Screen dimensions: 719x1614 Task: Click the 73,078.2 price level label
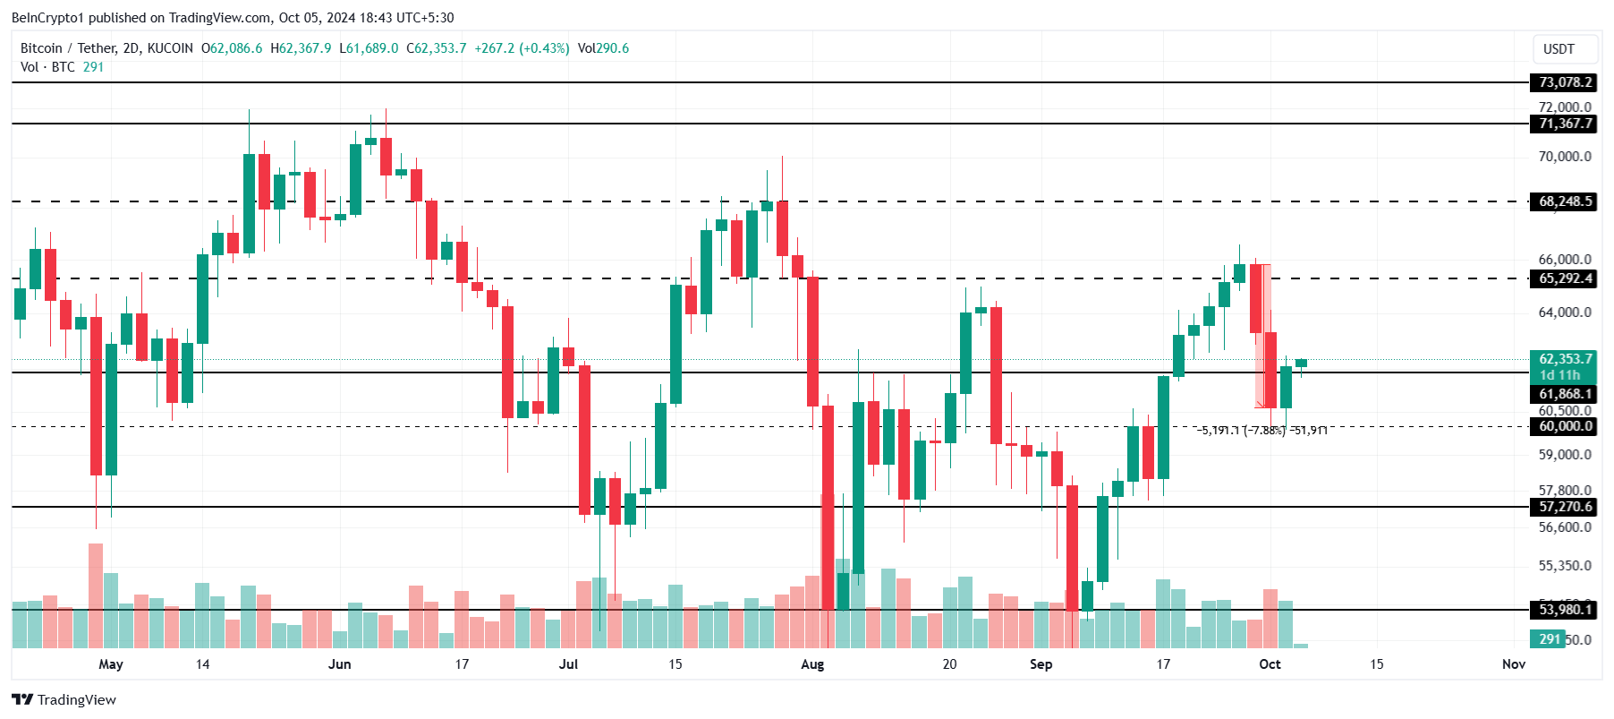point(1565,82)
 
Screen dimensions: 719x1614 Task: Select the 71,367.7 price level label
point(1565,124)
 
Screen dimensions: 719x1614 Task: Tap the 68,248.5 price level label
point(1565,201)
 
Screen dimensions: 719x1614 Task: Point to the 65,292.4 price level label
point(1565,278)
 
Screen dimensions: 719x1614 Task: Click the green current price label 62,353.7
point(1565,359)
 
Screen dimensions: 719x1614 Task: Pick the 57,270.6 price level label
point(1565,507)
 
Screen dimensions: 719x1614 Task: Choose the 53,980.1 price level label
point(1565,610)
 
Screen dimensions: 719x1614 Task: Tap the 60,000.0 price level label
point(1565,426)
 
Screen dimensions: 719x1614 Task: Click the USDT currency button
point(1559,49)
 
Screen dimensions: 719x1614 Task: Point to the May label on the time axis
point(111,664)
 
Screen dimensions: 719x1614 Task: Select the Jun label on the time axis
point(340,664)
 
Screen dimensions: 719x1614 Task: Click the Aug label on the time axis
point(812,664)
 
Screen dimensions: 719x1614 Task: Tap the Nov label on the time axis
point(1514,664)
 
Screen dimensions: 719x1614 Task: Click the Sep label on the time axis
point(1041,664)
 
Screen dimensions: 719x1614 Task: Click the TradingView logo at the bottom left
point(64,699)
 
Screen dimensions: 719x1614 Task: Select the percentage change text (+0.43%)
point(544,48)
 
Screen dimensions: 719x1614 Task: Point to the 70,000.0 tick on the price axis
point(1565,157)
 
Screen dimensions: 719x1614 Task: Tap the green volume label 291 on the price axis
point(1550,639)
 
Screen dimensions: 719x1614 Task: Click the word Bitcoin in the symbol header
point(41,48)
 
